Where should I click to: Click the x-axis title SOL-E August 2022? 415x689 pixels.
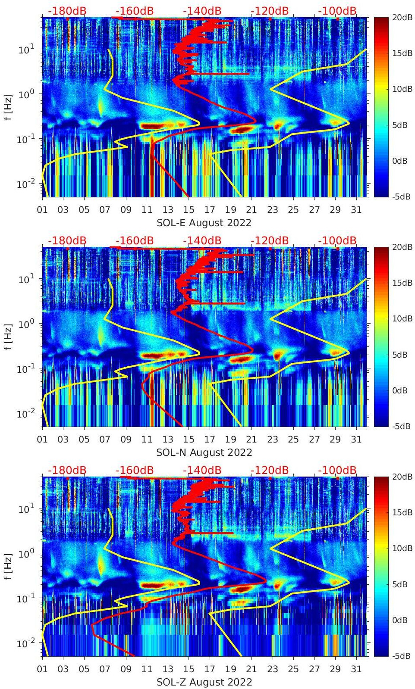(204, 223)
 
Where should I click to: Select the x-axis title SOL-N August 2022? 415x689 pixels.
(204, 452)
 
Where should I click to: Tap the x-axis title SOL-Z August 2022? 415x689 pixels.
(204, 682)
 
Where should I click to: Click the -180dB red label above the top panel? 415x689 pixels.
(67, 11)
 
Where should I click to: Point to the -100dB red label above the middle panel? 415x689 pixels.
(337, 240)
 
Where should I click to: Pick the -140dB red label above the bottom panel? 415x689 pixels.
(202, 470)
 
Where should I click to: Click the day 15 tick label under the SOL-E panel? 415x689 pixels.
(189, 210)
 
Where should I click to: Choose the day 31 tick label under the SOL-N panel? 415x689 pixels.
(356, 440)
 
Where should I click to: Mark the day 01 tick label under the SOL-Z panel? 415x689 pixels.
(42, 669)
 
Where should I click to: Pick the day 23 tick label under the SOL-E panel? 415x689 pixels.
(272, 210)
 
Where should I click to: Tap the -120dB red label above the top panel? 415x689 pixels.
(270, 11)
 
